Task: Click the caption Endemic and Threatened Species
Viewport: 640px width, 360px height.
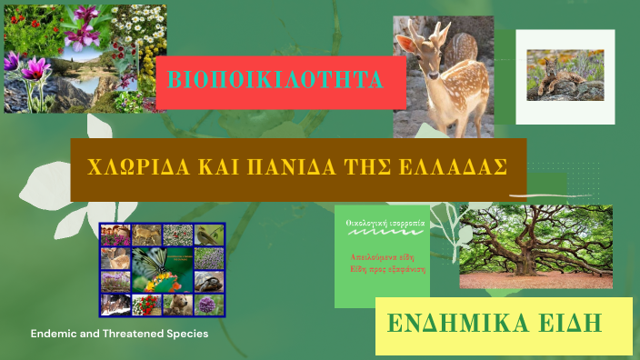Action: pos(119,334)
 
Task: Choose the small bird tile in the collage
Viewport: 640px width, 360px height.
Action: pos(209,235)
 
